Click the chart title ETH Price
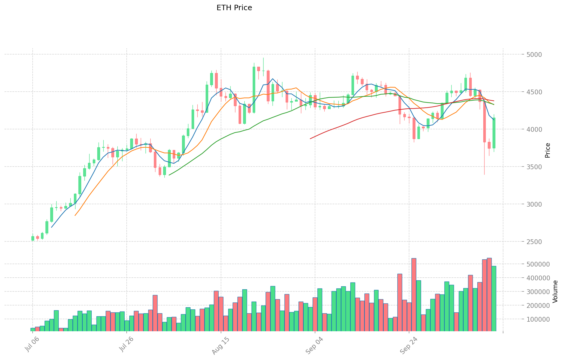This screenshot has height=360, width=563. (x=234, y=8)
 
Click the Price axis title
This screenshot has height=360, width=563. (x=547, y=150)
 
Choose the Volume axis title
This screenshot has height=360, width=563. (x=555, y=291)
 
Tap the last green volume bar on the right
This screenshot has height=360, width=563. (x=494, y=298)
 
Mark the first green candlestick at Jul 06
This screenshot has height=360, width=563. (x=33, y=238)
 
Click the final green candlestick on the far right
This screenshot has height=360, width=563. (x=494, y=133)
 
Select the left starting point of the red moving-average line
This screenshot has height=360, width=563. (x=310, y=139)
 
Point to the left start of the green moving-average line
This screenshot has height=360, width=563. (x=169, y=175)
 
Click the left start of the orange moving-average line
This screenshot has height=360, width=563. (x=75, y=215)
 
